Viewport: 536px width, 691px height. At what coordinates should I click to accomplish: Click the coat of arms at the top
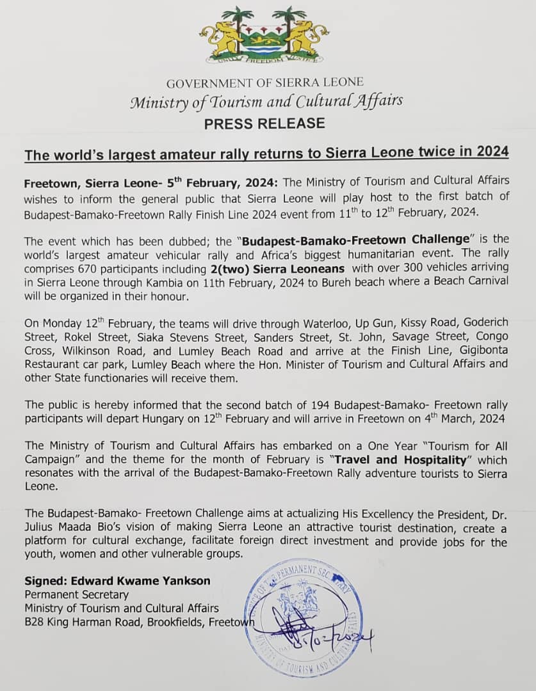point(264,36)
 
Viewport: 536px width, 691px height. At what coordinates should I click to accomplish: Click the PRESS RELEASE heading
point(264,123)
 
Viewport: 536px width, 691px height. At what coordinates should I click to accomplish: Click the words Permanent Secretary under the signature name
point(77,595)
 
